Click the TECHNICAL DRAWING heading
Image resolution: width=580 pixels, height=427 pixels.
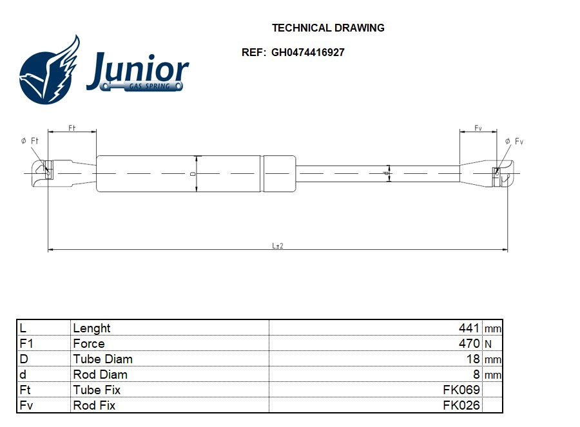[328, 28]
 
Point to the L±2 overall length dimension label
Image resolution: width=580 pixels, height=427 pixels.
[277, 246]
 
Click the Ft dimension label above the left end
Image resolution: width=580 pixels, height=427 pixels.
[72, 128]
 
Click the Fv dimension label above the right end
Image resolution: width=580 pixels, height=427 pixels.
[478, 128]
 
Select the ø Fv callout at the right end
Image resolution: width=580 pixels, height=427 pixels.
[514, 141]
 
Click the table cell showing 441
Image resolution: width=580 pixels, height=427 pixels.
[469, 328]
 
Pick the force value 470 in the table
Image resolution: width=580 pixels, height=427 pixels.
[469, 343]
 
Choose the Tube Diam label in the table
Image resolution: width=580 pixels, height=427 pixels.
[102, 359]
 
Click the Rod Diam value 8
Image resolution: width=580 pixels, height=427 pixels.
[476, 374]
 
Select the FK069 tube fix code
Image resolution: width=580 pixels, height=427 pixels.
[461, 390]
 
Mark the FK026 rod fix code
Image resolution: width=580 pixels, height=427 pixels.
[461, 405]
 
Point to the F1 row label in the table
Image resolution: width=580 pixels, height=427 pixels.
[26, 343]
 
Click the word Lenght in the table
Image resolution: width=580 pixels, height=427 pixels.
[92, 328]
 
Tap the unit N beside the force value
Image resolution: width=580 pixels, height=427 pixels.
[488, 344]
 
